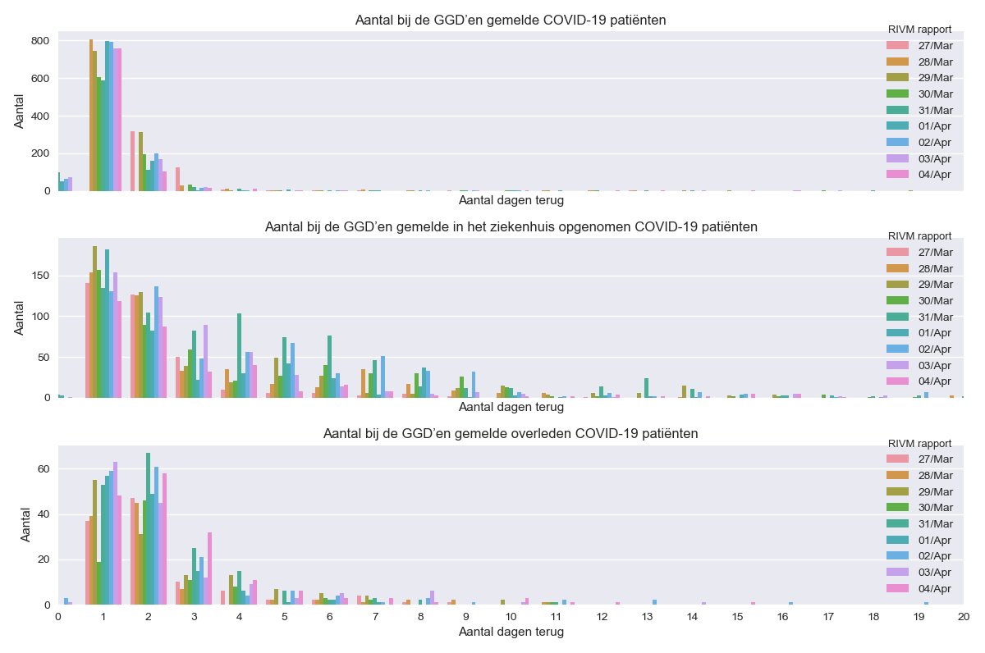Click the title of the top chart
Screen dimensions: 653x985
pyautogui.click(x=511, y=20)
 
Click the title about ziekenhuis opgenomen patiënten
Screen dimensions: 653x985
pyautogui.click(x=511, y=226)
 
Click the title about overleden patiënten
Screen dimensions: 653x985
pyautogui.click(x=511, y=433)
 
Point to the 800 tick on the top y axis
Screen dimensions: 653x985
pyautogui.click(x=41, y=41)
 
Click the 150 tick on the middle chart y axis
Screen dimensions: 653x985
pyautogui.click(x=41, y=276)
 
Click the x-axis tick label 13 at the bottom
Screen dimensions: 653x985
pyautogui.click(x=602, y=616)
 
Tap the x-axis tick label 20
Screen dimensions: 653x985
pyautogui.click(x=964, y=616)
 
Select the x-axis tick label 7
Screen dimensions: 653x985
pyautogui.click(x=375, y=616)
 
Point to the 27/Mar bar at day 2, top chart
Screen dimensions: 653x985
pyautogui.click(x=132, y=161)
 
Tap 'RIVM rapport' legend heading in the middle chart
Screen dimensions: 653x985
pyautogui.click(x=920, y=236)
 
